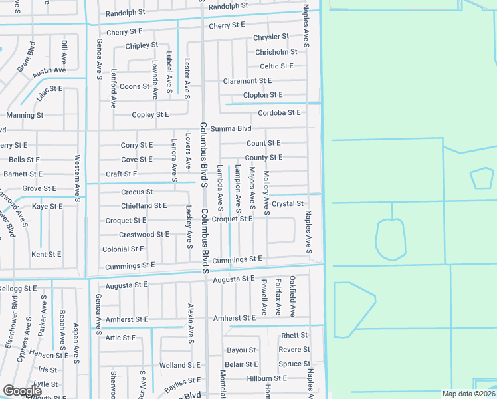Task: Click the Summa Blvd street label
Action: (x=231, y=128)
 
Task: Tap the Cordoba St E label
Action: (x=279, y=113)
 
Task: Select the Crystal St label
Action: (x=287, y=204)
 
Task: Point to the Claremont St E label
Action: (x=247, y=81)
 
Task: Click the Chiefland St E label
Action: (x=144, y=206)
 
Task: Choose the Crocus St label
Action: (x=137, y=192)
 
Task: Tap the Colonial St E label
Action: (x=123, y=249)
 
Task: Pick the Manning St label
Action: (x=25, y=115)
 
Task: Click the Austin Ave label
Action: (x=49, y=70)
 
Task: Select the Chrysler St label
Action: (x=272, y=37)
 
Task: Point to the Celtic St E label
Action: (x=276, y=66)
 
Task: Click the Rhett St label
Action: (x=294, y=336)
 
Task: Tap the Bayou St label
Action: (x=241, y=350)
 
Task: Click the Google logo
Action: (x=22, y=391)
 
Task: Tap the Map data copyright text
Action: (x=468, y=394)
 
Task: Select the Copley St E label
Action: (x=150, y=115)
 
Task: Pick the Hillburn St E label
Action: (x=266, y=378)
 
